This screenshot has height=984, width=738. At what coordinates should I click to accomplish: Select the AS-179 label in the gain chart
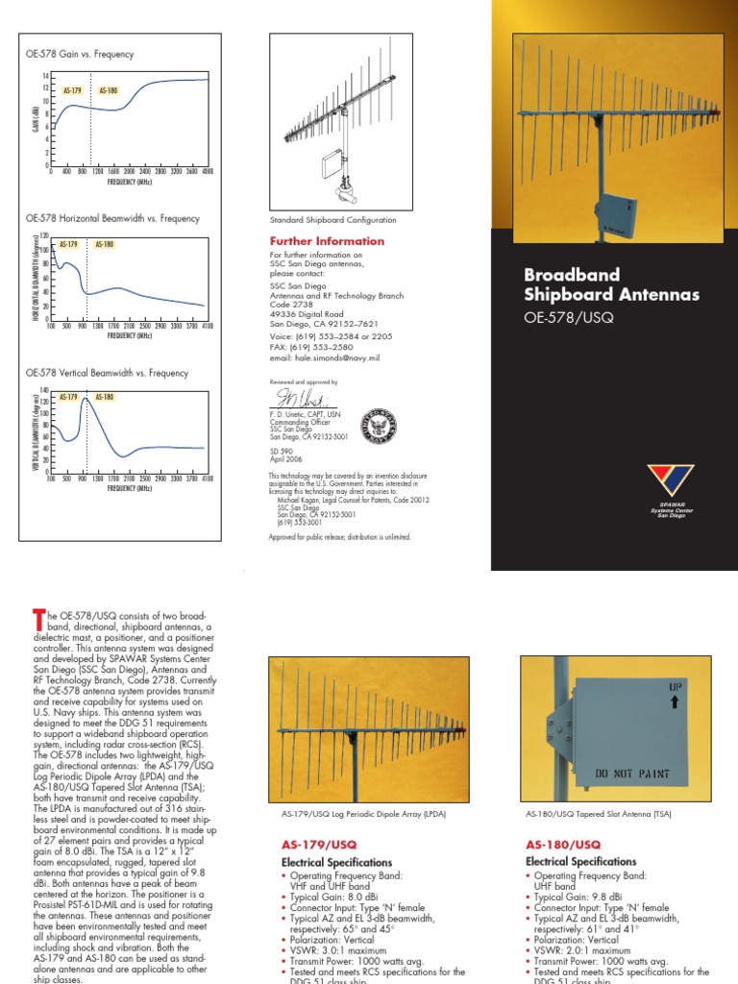(x=72, y=91)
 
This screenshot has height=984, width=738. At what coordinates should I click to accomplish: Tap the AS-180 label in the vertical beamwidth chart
(x=104, y=397)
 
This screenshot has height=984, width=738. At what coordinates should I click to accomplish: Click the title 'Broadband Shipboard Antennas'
(x=611, y=284)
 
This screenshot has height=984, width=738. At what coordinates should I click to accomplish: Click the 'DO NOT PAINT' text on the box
(x=631, y=773)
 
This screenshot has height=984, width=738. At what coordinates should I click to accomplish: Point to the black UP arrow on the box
(x=674, y=703)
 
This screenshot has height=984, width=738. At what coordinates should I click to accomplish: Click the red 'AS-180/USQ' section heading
(x=559, y=844)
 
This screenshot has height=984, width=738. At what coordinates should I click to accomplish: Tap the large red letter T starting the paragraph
(x=37, y=616)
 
